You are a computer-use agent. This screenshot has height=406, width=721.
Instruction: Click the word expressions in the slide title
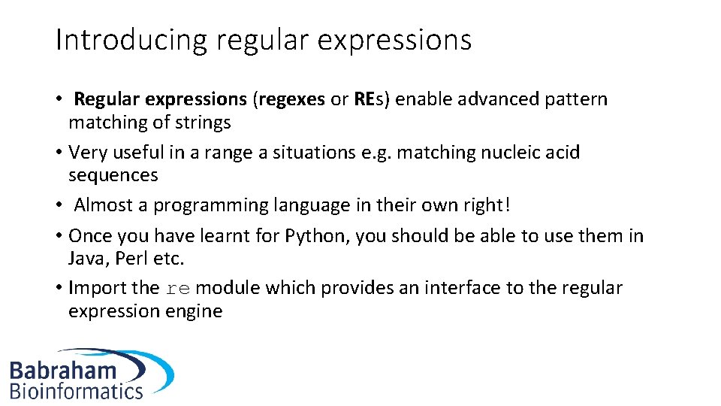pyautogui.click(x=394, y=40)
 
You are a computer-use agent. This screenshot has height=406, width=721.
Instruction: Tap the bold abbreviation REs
pyautogui.click(x=369, y=99)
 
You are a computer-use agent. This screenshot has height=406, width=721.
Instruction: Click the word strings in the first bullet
pyautogui.click(x=204, y=122)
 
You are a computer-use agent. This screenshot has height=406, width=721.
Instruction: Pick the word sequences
pyautogui.click(x=113, y=175)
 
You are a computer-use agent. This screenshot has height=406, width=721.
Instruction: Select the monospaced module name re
pyautogui.click(x=177, y=289)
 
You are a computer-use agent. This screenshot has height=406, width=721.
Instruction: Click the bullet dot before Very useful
pyautogui.click(x=59, y=153)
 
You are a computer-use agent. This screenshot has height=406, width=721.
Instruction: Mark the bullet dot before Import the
pyautogui.click(x=59, y=288)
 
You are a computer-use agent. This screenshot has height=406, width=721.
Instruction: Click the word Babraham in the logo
pyautogui.click(x=63, y=370)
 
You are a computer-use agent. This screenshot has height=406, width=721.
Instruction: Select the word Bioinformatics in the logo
pyautogui.click(x=76, y=390)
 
